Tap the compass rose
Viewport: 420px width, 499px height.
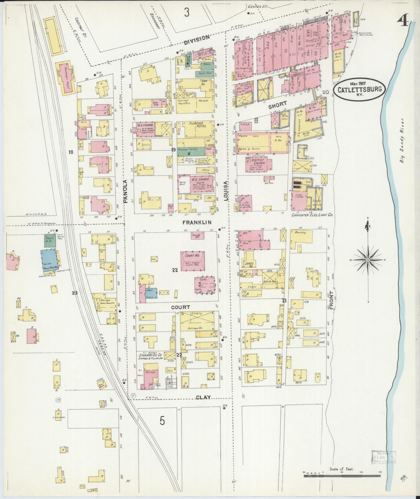click(368, 260)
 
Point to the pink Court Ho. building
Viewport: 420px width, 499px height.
click(192, 261)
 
